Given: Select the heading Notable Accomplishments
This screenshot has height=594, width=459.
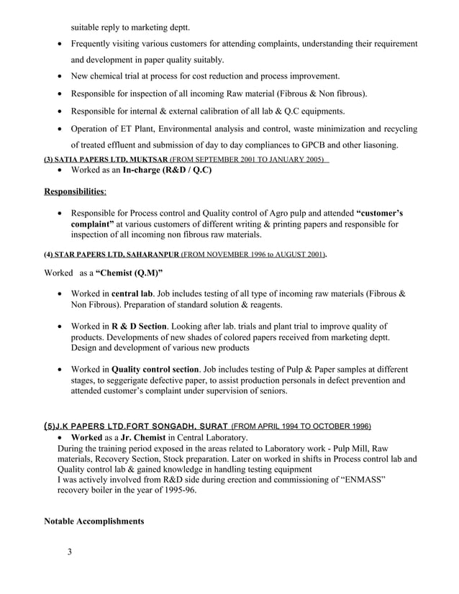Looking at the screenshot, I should (95, 520).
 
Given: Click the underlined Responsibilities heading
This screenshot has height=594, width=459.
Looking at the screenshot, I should (75, 192).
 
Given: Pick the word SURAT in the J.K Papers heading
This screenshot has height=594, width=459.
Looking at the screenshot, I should (209, 425).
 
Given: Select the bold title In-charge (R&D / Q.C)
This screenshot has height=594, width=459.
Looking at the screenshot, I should (168, 170).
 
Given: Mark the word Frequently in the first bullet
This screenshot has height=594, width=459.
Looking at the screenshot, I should (96, 44).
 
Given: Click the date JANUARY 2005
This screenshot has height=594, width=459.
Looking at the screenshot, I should (294, 159).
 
